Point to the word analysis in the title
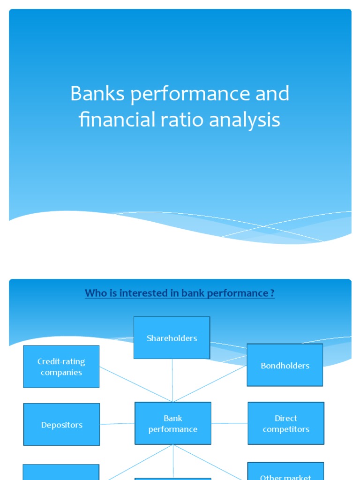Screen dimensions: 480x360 (245, 120)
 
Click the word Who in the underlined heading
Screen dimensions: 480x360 (95, 293)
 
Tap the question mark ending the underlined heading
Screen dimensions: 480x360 (272, 293)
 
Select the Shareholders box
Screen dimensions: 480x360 (172, 338)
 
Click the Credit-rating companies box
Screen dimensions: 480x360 (61, 367)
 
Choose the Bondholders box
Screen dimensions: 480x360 (285, 366)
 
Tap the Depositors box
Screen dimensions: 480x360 (61, 425)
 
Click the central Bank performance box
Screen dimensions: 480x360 (172, 423)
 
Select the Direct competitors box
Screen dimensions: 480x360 (286, 423)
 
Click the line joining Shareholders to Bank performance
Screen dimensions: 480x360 (172, 380)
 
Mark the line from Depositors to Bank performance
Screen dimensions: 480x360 (117, 424)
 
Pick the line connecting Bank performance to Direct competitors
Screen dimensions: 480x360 (229, 423)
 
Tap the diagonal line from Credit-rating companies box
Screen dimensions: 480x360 (136, 384)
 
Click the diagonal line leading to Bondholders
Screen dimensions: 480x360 (211, 383)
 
